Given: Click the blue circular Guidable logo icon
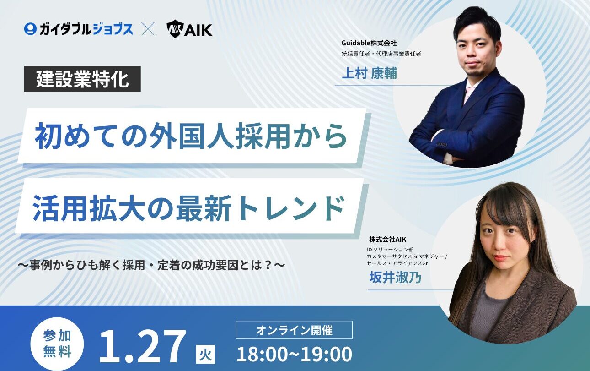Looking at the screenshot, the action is tap(30, 29).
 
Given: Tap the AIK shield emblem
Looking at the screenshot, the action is tap(175, 29).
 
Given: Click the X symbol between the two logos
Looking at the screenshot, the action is tap(148, 29).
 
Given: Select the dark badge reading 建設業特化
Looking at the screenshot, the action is tap(82, 79).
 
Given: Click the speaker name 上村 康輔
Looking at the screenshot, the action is tap(369, 73).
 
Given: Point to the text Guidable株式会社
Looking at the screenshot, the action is tap(369, 43).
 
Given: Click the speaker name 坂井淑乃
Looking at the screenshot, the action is tap(395, 277).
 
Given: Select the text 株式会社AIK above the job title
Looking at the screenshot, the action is tap(387, 240).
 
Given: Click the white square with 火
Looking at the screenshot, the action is tap(206, 354).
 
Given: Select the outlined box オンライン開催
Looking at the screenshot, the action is tap(294, 330).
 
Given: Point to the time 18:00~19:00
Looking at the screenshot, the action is tap(295, 354).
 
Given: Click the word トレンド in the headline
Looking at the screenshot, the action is tap(291, 208).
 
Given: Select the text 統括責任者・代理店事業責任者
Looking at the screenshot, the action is tap(381, 54).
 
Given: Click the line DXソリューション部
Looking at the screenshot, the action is tap(390, 250).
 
